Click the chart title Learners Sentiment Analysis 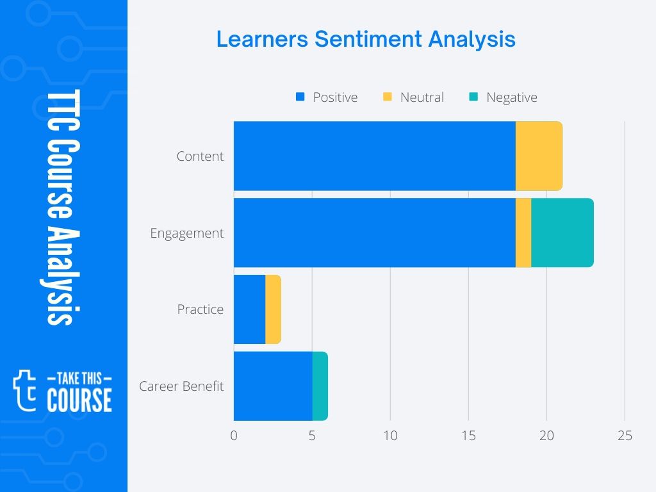[365, 39]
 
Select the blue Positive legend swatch [299, 97]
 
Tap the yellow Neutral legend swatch [387, 97]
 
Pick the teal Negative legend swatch [473, 97]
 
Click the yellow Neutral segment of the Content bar [539, 156]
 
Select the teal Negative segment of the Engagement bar [562, 233]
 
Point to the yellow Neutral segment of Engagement [523, 233]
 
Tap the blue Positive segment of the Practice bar [249, 309]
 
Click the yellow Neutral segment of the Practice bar [273, 309]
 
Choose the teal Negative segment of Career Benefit [320, 386]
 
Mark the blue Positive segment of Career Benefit [273, 386]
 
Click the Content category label [200, 156]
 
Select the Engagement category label [186, 233]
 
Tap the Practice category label [200, 309]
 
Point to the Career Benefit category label [181, 386]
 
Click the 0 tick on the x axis [234, 436]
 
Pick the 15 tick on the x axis [468, 436]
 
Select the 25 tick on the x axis [625, 436]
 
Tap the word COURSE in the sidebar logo [79, 400]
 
